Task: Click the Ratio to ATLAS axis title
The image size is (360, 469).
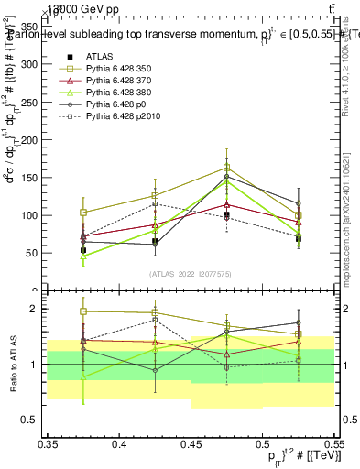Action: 13,364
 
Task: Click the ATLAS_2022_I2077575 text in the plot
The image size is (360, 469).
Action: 191,274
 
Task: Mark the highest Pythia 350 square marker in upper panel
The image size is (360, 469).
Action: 226,168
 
